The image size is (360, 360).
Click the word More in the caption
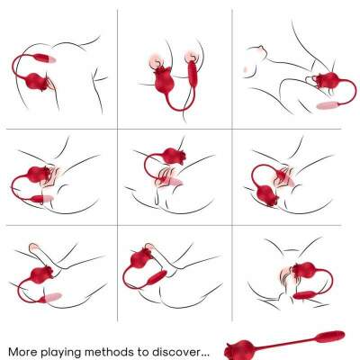point(22,352)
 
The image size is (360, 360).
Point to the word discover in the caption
point(175,352)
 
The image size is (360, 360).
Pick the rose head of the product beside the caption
point(239,349)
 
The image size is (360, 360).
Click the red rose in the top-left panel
point(38,82)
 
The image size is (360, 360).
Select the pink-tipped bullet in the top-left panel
point(44,58)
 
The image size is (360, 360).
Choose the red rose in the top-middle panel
point(163,79)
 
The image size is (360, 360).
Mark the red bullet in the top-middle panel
point(192,74)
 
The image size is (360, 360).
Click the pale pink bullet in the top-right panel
point(328,105)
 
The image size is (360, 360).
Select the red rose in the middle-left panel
point(40,175)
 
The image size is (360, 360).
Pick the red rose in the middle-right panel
point(267,195)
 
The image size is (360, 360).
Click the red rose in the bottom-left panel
point(41,274)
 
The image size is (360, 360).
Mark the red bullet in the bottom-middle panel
point(157,278)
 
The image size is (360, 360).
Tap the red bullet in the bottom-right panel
point(304,295)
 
